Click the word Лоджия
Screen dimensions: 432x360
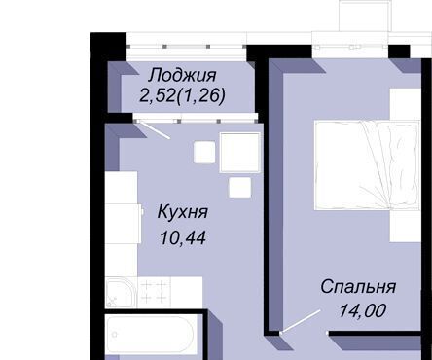click(x=182, y=76)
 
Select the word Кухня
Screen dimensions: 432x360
click(x=183, y=213)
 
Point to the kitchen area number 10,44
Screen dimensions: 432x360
click(x=183, y=237)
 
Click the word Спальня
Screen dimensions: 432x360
click(x=358, y=287)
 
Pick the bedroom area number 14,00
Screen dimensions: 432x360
click(x=362, y=310)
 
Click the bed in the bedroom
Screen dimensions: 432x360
click(x=367, y=165)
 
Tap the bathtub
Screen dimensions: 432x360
click(x=151, y=335)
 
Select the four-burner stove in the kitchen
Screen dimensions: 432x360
click(x=154, y=292)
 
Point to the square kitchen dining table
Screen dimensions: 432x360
click(x=240, y=152)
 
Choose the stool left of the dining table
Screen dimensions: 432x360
click(x=204, y=152)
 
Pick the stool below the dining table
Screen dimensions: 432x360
click(x=239, y=188)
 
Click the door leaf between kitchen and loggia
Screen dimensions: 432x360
click(x=153, y=130)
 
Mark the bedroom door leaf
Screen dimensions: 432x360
click(x=301, y=321)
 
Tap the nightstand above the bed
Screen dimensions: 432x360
click(x=405, y=104)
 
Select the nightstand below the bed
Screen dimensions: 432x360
click(x=405, y=226)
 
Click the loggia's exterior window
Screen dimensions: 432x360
click(x=187, y=47)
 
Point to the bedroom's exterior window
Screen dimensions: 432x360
click(x=350, y=48)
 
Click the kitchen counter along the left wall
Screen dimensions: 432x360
click(x=122, y=224)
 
